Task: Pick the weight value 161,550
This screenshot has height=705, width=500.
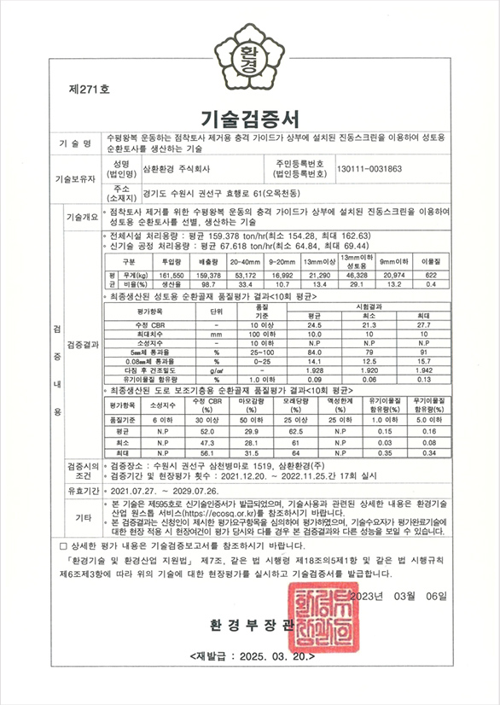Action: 172,276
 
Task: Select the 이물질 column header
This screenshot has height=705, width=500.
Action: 431,261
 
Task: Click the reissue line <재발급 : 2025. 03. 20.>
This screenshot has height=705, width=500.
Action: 250,658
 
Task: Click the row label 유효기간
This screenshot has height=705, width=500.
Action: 78,491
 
